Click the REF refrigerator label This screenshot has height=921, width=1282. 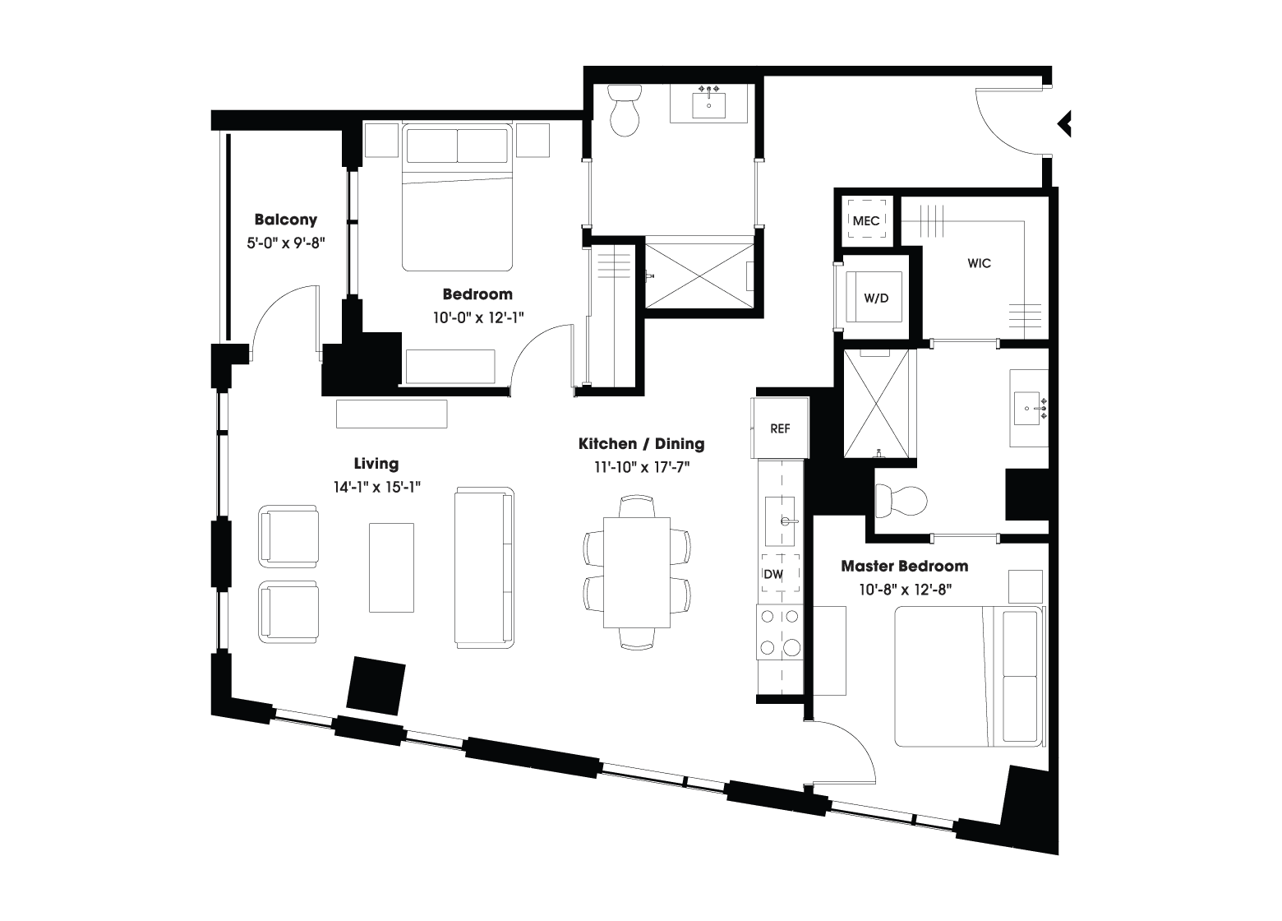(x=780, y=428)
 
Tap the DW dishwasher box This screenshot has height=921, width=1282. (x=773, y=575)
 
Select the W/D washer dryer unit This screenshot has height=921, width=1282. (x=876, y=298)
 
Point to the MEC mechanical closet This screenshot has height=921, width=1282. (x=866, y=220)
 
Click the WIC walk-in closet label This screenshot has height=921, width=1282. (x=979, y=263)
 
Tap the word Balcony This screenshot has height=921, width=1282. (x=285, y=220)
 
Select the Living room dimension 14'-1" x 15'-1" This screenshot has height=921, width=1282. (x=376, y=487)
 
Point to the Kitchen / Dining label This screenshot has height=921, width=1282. (x=641, y=444)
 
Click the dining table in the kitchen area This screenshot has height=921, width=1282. (x=638, y=572)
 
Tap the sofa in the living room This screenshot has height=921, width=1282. (x=485, y=566)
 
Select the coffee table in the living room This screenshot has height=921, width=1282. (x=391, y=567)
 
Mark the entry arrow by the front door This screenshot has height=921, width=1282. (x=1064, y=123)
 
